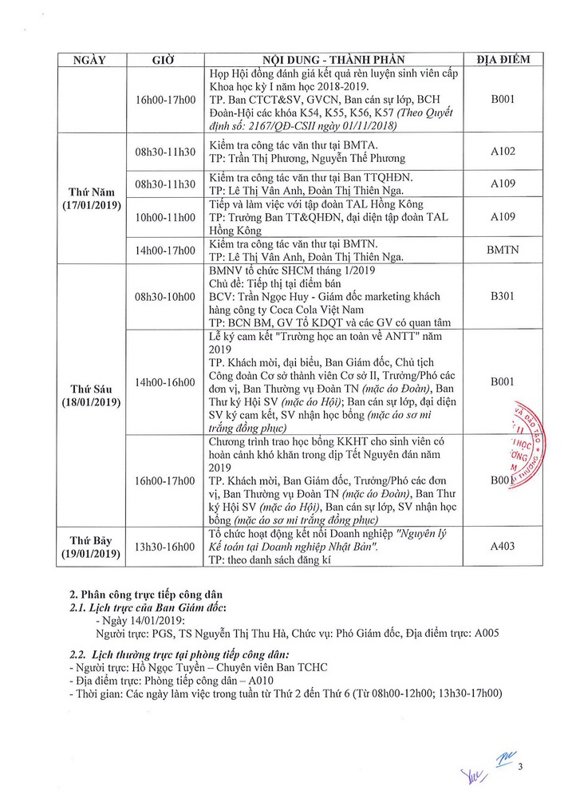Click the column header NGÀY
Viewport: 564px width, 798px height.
click(x=89, y=60)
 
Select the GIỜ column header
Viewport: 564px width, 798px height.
click(x=164, y=60)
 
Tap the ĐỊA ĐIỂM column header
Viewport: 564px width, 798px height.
click(x=503, y=60)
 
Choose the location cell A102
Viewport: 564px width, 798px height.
click(x=503, y=149)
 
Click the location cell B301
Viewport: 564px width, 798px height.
click(x=503, y=296)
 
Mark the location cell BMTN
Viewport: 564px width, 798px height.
click(x=503, y=250)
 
